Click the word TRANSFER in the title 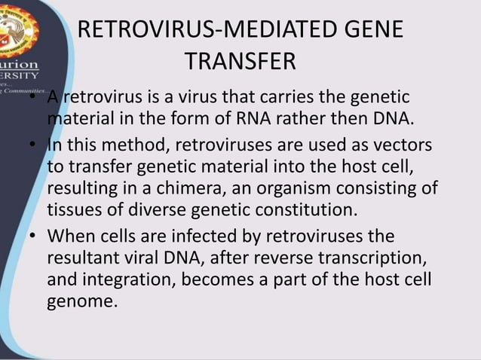(x=240, y=61)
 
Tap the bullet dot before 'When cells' (x=34, y=236)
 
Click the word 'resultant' (x=86, y=258)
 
